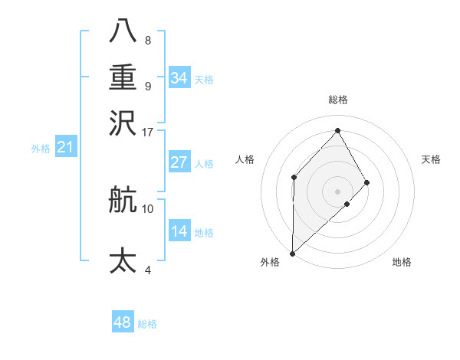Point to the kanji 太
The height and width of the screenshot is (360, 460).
pyautogui.click(x=123, y=260)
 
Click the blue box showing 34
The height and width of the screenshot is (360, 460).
pyautogui.click(x=179, y=78)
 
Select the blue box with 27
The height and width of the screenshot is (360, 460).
pyautogui.click(x=179, y=162)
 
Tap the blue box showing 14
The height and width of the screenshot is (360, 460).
pyautogui.click(x=179, y=231)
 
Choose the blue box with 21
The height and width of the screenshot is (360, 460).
pyautogui.click(x=64, y=148)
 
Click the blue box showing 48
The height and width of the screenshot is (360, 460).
pyautogui.click(x=122, y=322)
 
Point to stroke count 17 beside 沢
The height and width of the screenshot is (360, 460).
pyautogui.click(x=148, y=132)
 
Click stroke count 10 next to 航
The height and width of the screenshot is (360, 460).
pyautogui.click(x=148, y=208)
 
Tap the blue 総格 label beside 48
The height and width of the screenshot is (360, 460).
pyautogui.click(x=147, y=324)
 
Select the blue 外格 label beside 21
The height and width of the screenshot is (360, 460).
pyautogui.click(x=41, y=149)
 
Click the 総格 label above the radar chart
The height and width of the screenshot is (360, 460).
pyautogui.click(x=337, y=100)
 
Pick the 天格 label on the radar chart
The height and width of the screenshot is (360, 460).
pyautogui.click(x=431, y=159)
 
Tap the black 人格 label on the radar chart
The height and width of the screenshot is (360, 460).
pyautogui.click(x=245, y=159)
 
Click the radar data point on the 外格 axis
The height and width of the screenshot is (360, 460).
pyautogui.click(x=292, y=253)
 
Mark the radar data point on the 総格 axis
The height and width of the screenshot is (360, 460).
pyautogui.click(x=337, y=130)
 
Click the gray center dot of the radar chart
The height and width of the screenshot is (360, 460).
pyautogui.click(x=337, y=191)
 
